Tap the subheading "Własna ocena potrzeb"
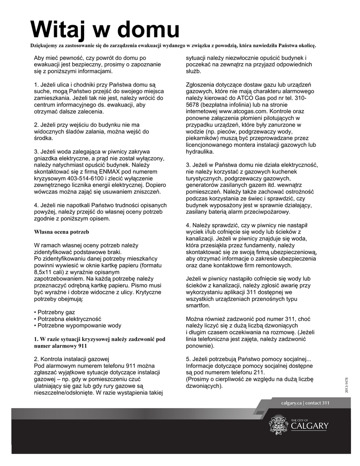click(61, 232)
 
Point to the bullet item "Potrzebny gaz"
click(55, 313)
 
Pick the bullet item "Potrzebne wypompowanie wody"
click(78, 325)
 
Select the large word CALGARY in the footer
click(309, 426)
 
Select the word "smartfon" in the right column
click(198, 305)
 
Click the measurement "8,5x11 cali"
click(50, 272)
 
